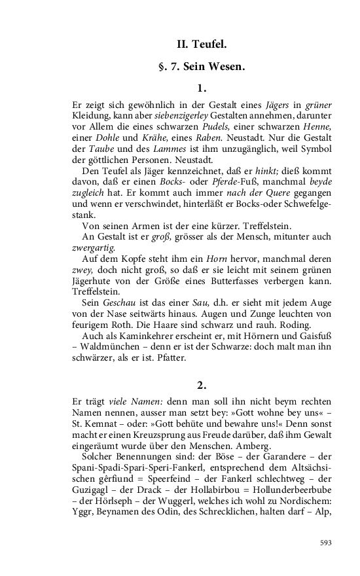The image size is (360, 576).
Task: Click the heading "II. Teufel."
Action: tap(202, 45)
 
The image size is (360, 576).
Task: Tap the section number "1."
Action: tap(202, 87)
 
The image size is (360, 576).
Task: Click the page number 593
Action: tap(326, 543)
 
